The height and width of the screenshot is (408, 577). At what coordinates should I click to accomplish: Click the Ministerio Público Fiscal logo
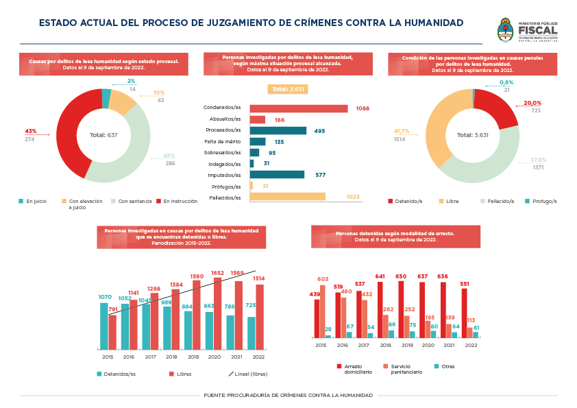(x=527, y=30)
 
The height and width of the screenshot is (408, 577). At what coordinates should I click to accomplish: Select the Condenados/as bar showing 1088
(x=299, y=108)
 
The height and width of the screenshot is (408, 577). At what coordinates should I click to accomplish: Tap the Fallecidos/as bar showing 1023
(x=288, y=197)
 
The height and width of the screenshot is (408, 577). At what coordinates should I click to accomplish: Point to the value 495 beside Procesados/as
(x=319, y=131)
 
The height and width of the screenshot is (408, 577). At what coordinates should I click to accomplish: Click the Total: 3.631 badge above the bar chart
(x=287, y=89)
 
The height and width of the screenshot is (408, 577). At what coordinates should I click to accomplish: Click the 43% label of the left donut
(x=30, y=131)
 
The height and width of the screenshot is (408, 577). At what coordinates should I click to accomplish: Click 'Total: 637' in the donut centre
(x=103, y=135)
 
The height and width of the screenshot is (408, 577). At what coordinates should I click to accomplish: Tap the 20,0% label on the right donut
(x=532, y=104)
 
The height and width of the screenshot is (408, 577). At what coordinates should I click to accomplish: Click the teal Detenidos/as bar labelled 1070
(x=104, y=326)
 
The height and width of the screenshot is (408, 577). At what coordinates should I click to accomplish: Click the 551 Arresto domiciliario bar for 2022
(x=465, y=313)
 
